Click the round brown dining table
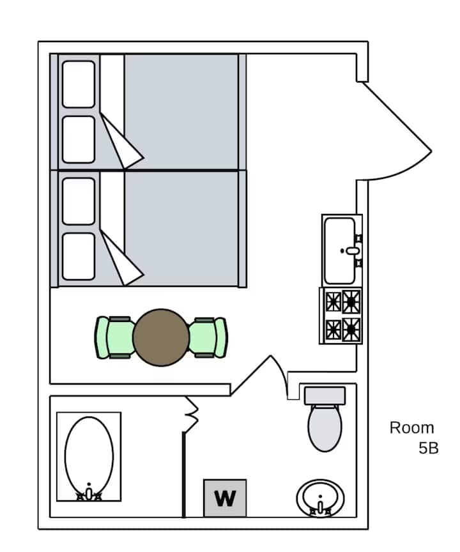(161, 337)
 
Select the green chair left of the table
(115, 337)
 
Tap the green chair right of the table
(208, 337)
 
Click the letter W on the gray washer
(225, 498)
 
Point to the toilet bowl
(325, 427)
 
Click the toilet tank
(325, 395)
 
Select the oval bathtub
(89, 457)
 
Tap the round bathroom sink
(320, 498)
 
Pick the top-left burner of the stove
(333, 302)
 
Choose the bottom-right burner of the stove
(351, 330)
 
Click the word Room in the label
(412, 428)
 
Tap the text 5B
(428, 448)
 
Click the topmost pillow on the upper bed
(79, 84)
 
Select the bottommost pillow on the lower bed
(79, 257)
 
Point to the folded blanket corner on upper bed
(121, 141)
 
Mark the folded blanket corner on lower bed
(121, 257)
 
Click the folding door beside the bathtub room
(192, 415)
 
